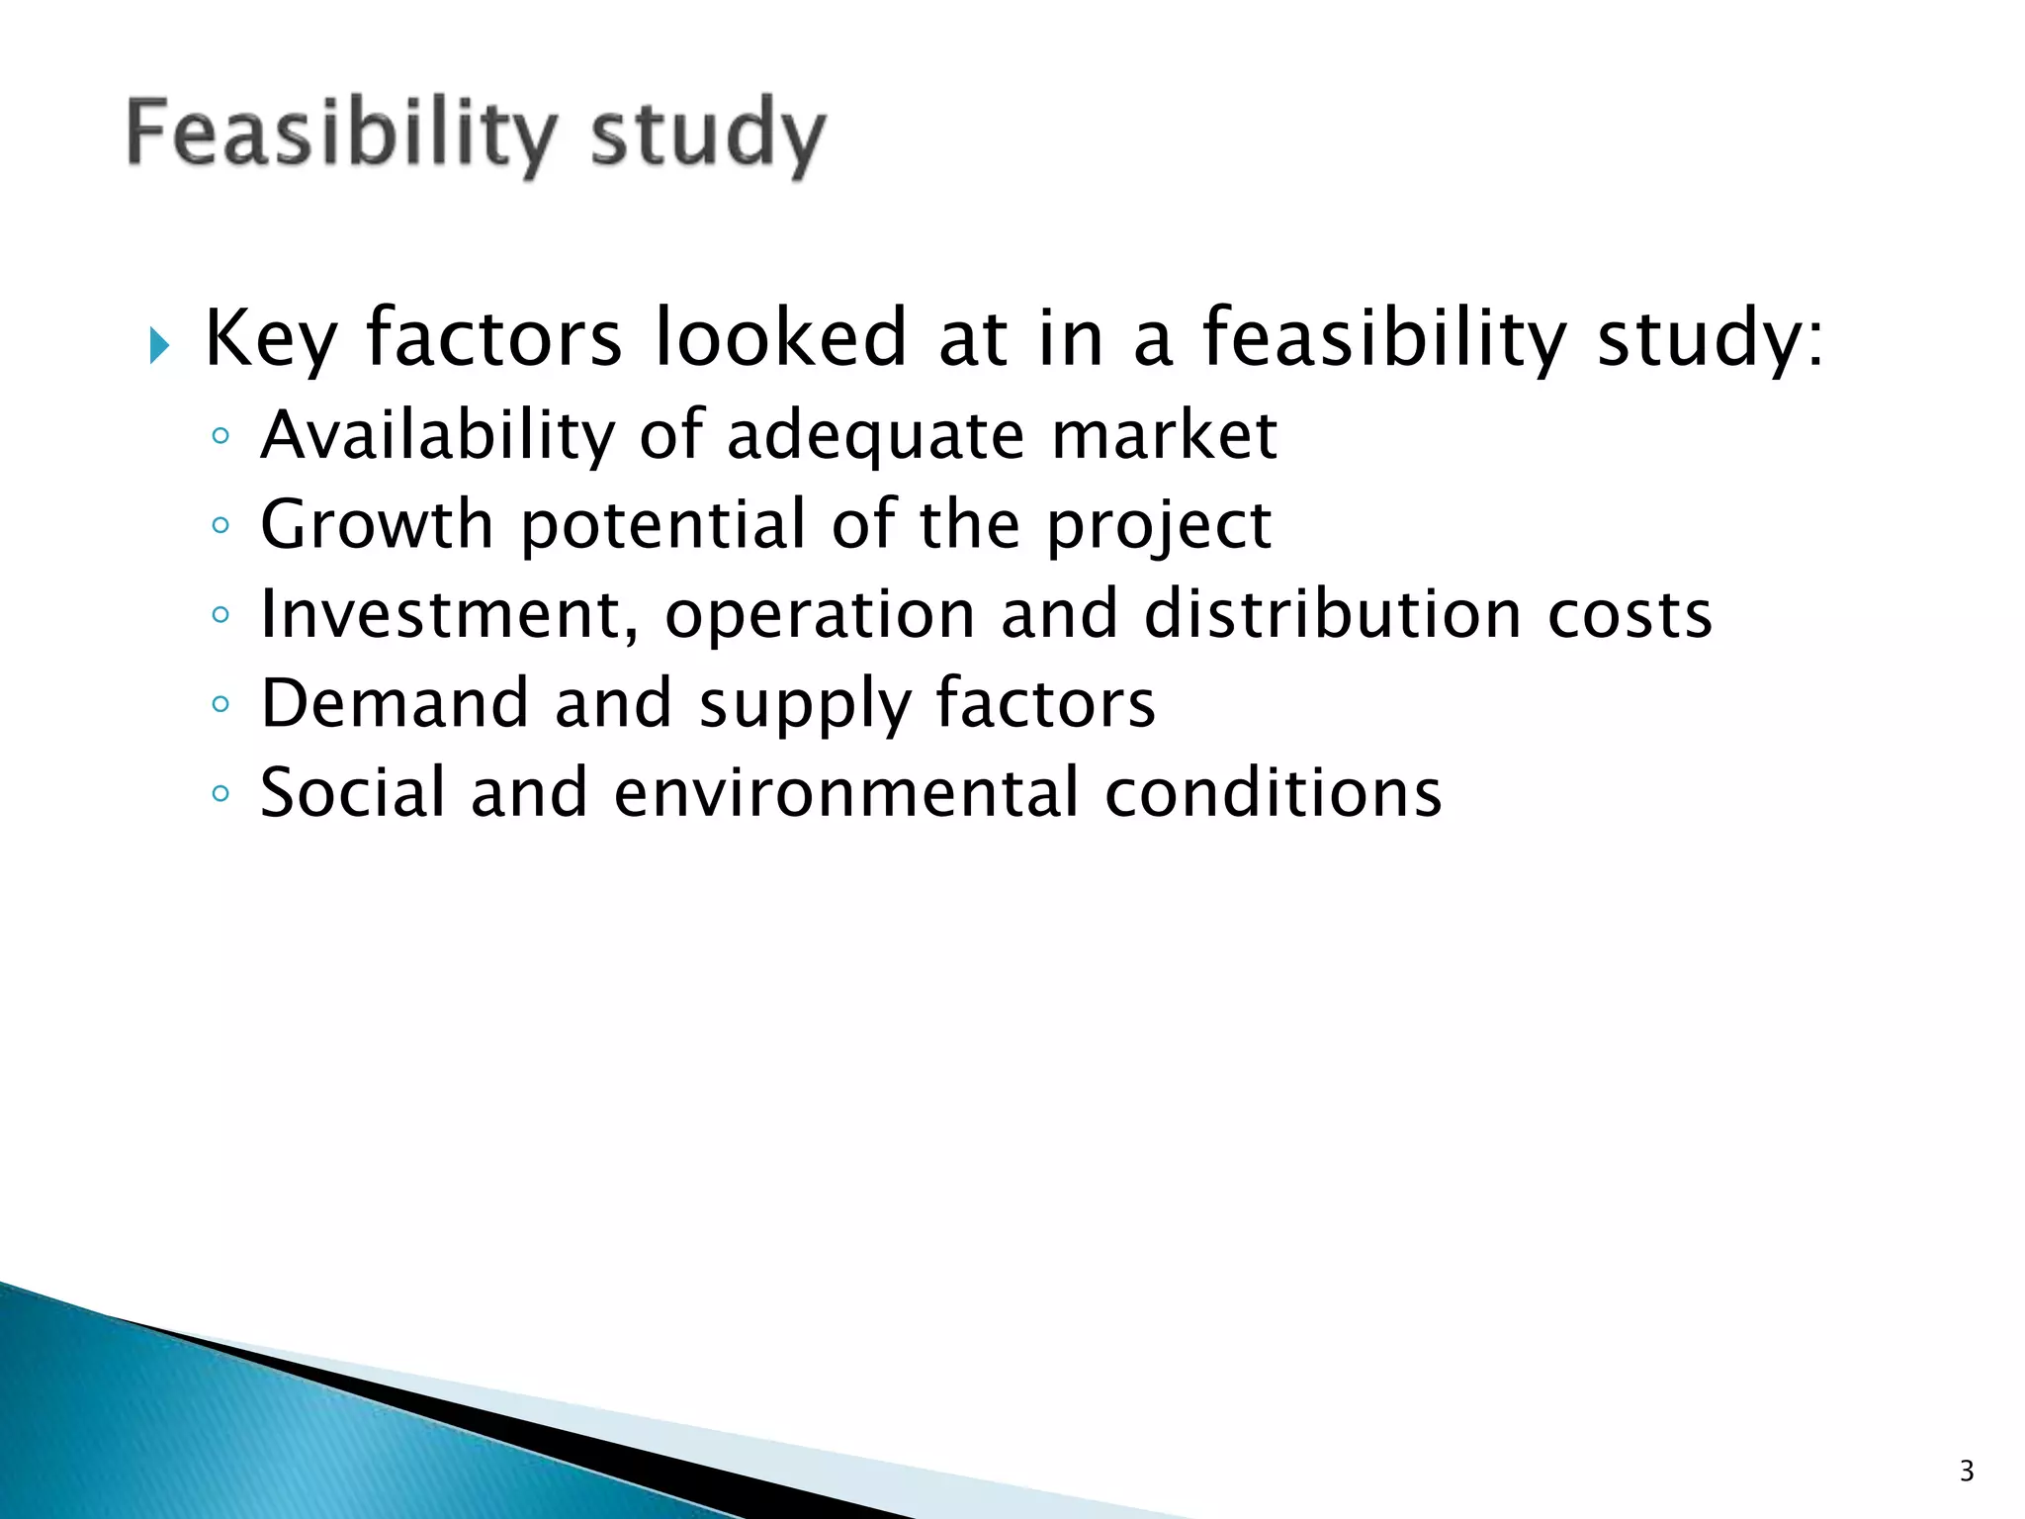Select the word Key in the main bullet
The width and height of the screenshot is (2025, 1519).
click(x=271, y=339)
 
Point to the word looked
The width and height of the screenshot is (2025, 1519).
click(x=780, y=337)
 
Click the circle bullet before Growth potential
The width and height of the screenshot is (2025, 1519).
click(x=220, y=525)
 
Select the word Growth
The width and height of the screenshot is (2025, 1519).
click(x=377, y=524)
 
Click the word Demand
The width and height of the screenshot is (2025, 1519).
click(x=395, y=703)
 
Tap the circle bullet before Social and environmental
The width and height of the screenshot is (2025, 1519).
click(x=220, y=793)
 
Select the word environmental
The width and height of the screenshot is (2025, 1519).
click(x=846, y=793)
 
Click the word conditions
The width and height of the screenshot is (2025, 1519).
click(x=1274, y=793)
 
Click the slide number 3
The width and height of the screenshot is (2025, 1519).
click(x=1967, y=1471)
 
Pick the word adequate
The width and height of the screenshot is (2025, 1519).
click(x=876, y=437)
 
